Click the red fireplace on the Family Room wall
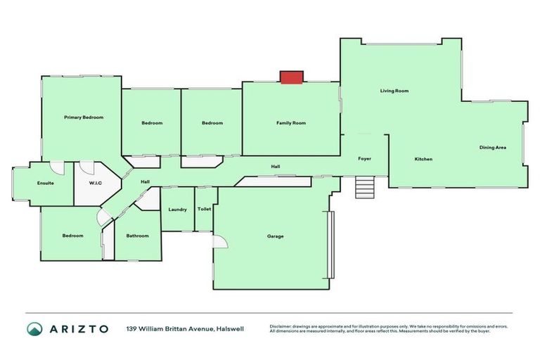pos(291,77)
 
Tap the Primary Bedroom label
pos(84,117)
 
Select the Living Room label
pos(394,91)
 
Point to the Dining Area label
pos(492,147)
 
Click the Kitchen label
pos(423,159)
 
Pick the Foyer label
pos(364,159)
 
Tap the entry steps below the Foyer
pos(364,186)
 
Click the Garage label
pos(276,236)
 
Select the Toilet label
pos(205,209)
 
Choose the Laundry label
pos(176,209)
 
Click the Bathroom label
pos(137,236)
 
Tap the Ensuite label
pos(46,184)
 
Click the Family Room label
pos(290,123)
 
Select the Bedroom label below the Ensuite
pos(72,236)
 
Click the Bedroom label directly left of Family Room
pos(212,123)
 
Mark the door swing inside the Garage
pos(220,243)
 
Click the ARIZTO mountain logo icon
pos(34,328)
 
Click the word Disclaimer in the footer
pos(283,326)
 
